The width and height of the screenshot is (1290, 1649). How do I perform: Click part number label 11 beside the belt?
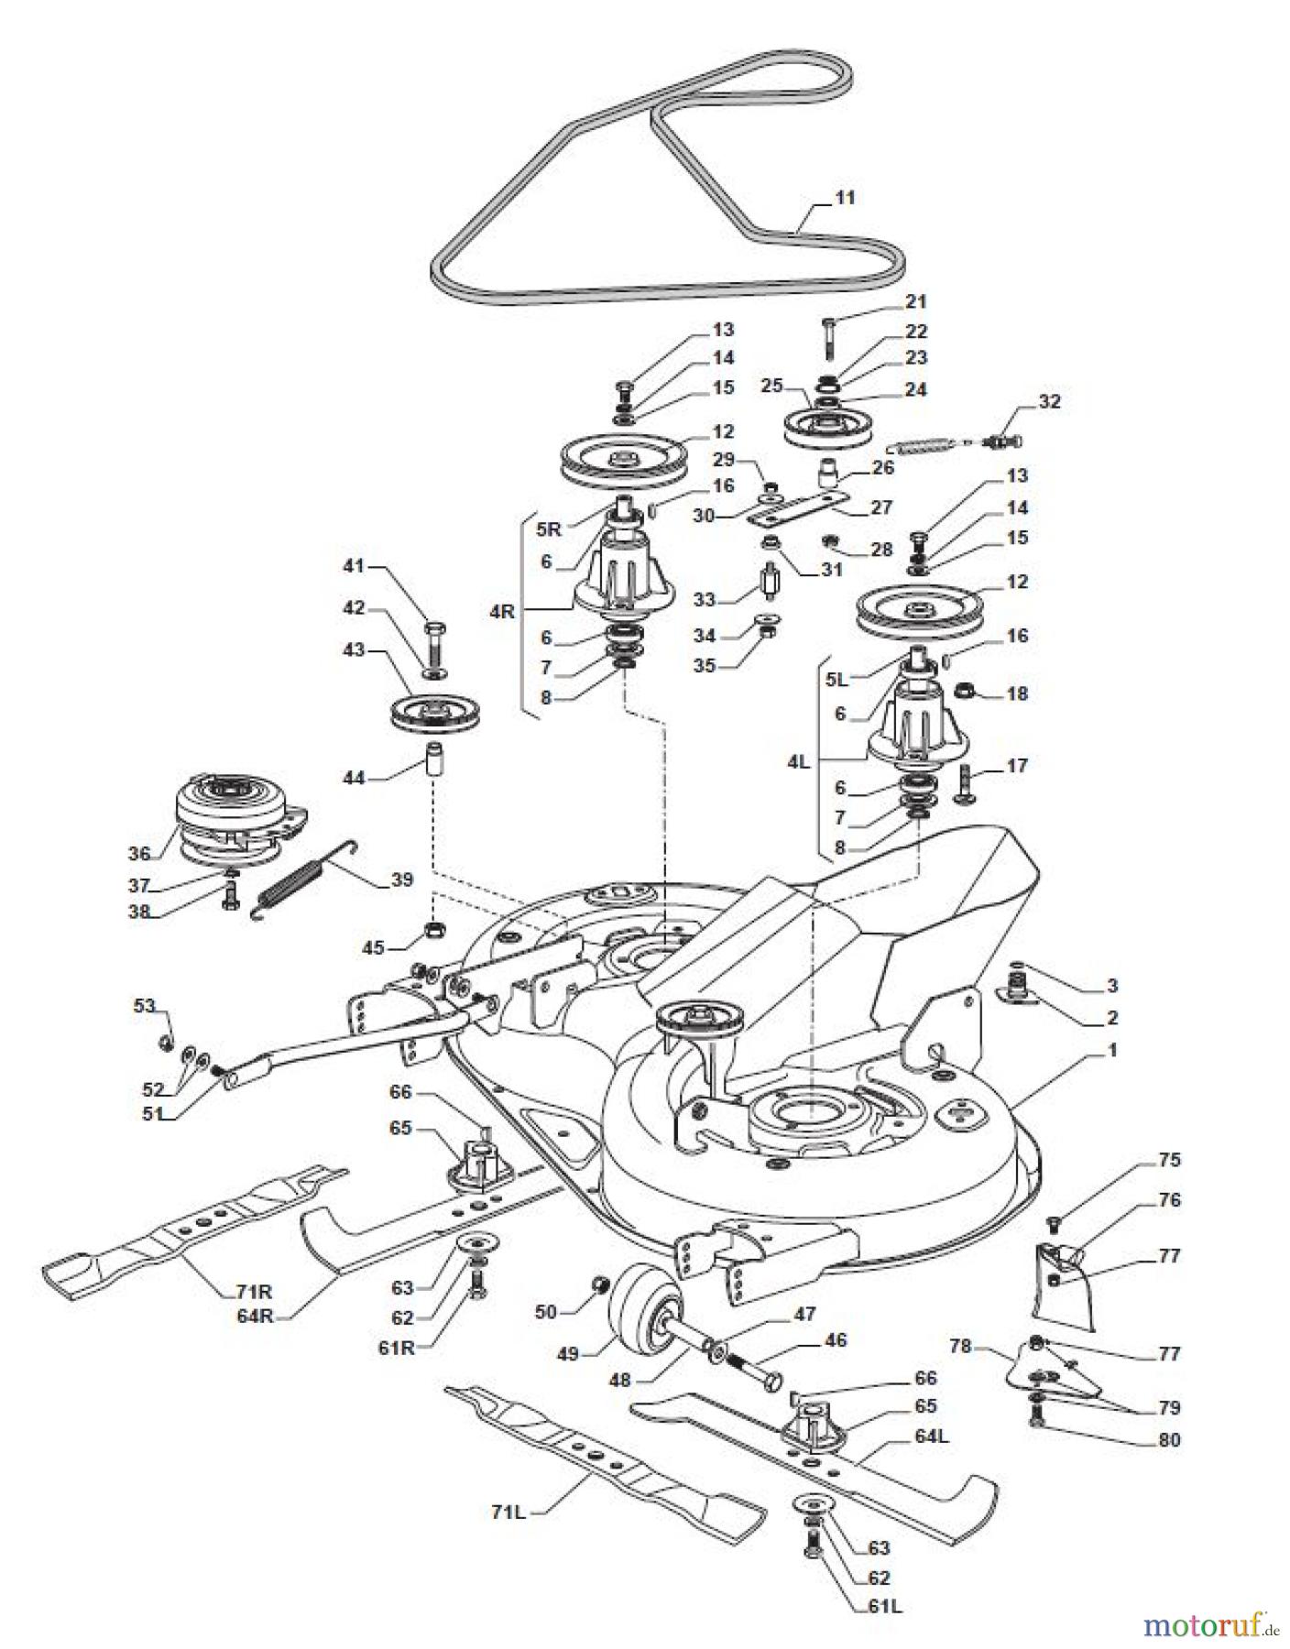click(844, 197)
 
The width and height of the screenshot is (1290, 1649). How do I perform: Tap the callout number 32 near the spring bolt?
click(1049, 401)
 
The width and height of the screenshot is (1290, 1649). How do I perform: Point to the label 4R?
click(503, 611)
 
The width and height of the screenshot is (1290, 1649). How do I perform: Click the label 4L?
click(799, 761)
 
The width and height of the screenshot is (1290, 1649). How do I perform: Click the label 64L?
click(932, 1436)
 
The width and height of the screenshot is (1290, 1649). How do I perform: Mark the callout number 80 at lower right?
click(1169, 1439)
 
